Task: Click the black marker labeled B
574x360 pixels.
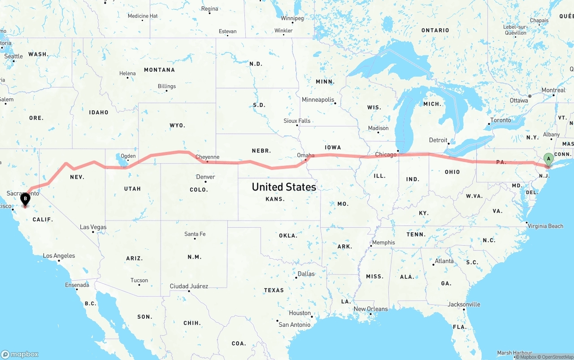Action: (x=26, y=199)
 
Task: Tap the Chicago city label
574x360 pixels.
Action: (x=386, y=155)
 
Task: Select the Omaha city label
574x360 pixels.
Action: (x=305, y=155)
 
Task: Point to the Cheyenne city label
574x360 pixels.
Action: (x=208, y=157)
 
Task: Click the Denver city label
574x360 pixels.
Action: (x=206, y=177)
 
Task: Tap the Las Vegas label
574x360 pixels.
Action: (x=93, y=227)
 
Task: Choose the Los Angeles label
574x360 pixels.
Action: (x=59, y=256)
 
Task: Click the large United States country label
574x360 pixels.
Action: (x=284, y=187)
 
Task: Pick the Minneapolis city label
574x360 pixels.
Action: (x=318, y=100)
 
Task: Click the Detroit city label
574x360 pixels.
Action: (x=438, y=140)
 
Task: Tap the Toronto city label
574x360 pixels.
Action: (x=500, y=120)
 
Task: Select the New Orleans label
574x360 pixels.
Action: (x=371, y=309)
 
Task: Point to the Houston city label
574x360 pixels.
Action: (x=300, y=313)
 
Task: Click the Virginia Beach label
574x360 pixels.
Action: (x=545, y=226)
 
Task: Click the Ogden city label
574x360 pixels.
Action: (x=128, y=156)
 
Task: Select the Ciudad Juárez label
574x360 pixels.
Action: (x=189, y=286)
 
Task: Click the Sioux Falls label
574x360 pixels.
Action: (x=297, y=121)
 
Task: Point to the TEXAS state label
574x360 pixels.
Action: (x=274, y=290)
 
